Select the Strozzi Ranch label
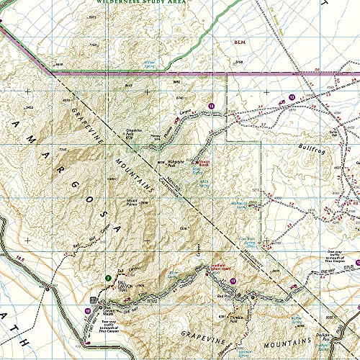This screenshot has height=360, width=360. click(x=204, y=162)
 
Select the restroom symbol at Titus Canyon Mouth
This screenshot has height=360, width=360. click(x=93, y=300)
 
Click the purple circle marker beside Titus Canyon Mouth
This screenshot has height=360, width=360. click(x=87, y=310)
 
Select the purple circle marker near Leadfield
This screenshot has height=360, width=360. click(x=233, y=280)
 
